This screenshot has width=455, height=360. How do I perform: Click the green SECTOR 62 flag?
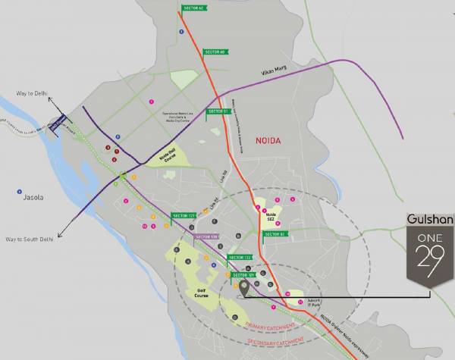pos(193,8)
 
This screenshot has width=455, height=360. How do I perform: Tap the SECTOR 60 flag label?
pos(215,52)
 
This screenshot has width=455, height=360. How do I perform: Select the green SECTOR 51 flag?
pos(218,111)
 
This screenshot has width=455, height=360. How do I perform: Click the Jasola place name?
pos(33,197)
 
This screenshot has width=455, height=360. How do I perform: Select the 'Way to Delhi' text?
pos(32,94)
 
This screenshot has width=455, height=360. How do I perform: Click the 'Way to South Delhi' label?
pos(33,239)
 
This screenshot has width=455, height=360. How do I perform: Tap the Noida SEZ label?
pos(271,216)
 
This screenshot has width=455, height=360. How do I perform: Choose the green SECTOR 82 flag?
pos(274,234)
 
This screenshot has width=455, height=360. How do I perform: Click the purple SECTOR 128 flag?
pos(207,237)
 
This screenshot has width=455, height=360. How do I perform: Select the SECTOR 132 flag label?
pos(240,258)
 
